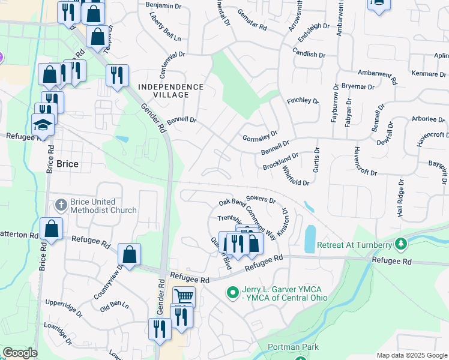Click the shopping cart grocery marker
tap(184, 296)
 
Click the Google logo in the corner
tap(20, 353)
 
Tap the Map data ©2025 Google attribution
tap(412, 355)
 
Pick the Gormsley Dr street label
tap(260, 137)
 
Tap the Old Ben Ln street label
tap(115, 307)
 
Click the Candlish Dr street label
tap(309, 54)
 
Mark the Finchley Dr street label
tap(302, 101)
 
